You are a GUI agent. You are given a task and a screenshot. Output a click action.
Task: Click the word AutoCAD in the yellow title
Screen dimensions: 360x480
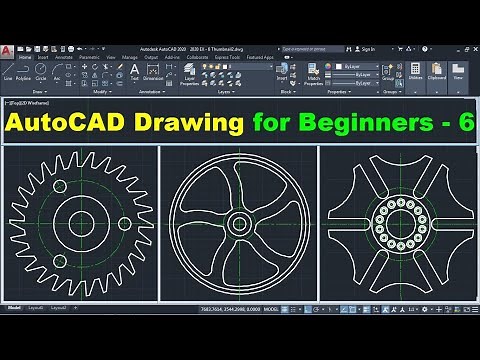tap(64, 124)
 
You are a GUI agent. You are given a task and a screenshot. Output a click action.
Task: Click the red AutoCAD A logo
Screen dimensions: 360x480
tap(8, 50)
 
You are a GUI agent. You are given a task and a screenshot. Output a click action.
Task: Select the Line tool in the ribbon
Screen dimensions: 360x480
tap(8, 72)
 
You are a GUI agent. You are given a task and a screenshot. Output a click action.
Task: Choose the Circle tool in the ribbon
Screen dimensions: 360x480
tap(41, 72)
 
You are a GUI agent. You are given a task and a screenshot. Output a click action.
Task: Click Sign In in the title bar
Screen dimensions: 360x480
tap(367, 48)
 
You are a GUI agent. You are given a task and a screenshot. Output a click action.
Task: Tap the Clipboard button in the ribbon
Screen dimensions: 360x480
tap(437, 72)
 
